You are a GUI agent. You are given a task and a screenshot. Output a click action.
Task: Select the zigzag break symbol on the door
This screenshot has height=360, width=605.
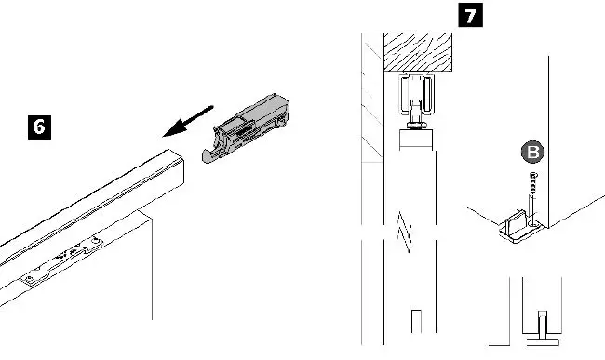[404, 231]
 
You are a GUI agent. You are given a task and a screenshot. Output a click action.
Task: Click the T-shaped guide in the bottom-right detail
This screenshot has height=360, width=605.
[540, 325]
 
